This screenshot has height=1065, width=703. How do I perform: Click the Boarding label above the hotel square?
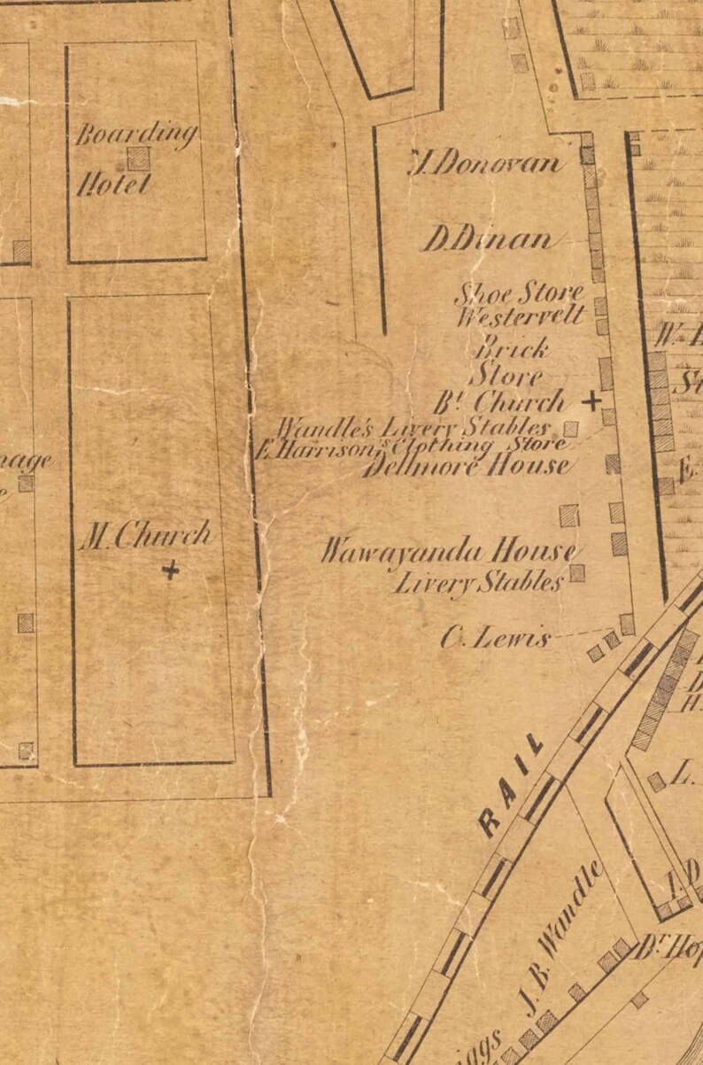pyautogui.click(x=135, y=134)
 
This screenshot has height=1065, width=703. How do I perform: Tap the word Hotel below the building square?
pyautogui.click(x=114, y=184)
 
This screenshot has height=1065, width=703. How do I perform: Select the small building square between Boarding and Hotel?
pyautogui.click(x=137, y=159)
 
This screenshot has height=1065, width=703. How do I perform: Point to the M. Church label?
pyautogui.click(x=146, y=535)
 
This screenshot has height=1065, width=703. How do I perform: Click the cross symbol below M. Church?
pyautogui.click(x=170, y=570)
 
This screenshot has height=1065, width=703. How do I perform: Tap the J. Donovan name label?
pyautogui.click(x=486, y=163)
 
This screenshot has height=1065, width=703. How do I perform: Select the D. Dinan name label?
pyautogui.click(x=487, y=238)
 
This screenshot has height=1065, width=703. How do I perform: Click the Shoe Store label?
pyautogui.click(x=519, y=292)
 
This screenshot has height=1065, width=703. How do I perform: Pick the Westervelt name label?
pyautogui.click(x=520, y=315)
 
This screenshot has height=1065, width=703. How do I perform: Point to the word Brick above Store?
pyautogui.click(x=513, y=347)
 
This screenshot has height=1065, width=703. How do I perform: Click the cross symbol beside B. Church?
pyautogui.click(x=591, y=400)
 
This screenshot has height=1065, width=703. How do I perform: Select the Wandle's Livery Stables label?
pyautogui.click(x=414, y=429)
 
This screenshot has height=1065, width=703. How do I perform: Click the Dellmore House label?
pyautogui.click(x=467, y=465)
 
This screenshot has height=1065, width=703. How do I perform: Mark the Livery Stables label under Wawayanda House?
pyautogui.click(x=478, y=583)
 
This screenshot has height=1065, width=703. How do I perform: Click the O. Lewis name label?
pyautogui.click(x=496, y=638)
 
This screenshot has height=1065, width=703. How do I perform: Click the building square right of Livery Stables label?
pyautogui.click(x=577, y=573)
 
